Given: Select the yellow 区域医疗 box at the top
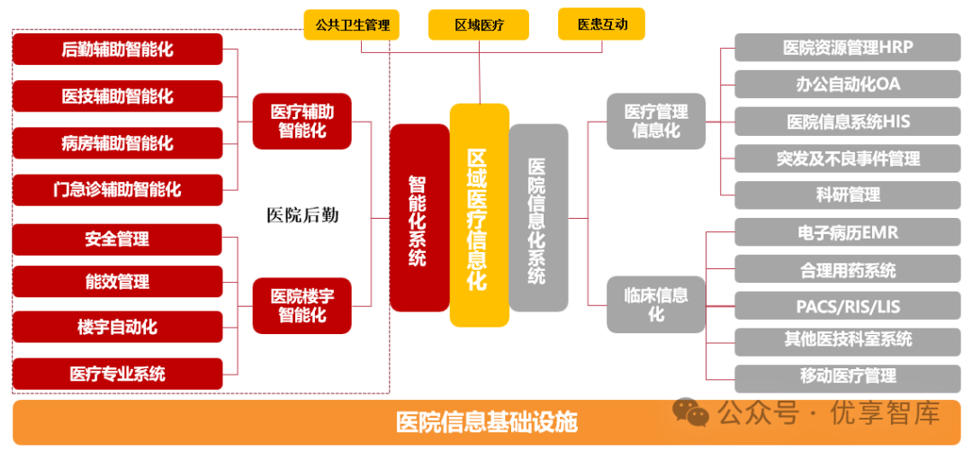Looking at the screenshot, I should click(479, 24).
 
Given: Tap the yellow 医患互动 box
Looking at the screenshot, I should click(602, 24).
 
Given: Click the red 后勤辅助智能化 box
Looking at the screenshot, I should click(117, 49).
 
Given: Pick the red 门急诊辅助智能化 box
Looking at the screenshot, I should click(117, 189).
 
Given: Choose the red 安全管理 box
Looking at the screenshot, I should click(117, 239).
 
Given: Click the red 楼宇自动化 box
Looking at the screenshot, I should click(117, 326).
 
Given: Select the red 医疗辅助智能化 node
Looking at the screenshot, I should click(301, 122).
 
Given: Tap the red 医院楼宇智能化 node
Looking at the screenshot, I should click(301, 305).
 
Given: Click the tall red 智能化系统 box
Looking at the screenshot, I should click(418, 218).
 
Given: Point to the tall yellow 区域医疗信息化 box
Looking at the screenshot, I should click(479, 216).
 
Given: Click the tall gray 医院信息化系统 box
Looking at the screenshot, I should click(538, 218).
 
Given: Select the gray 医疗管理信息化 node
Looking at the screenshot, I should click(656, 122).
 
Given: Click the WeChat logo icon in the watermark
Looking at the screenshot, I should click(691, 413).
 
